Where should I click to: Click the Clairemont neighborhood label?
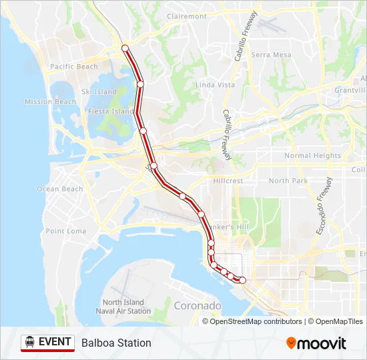[188, 16]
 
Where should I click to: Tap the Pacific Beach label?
[74, 67]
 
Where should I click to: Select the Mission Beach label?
[51, 102]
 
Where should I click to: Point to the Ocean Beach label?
[60, 189]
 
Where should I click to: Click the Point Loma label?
[66, 231]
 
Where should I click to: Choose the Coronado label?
[197, 306]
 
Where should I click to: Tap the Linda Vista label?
[215, 85]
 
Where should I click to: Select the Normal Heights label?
[312, 156]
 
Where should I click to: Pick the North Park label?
[288, 181]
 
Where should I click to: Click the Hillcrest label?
[228, 181]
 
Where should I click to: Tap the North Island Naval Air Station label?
[123, 307]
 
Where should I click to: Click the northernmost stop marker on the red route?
[125, 48]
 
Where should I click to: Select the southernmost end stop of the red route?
[243, 280]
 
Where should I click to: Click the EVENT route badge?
[47, 343]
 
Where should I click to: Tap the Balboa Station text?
[116, 343]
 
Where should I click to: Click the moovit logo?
[316, 343]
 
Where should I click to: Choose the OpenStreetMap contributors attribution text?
[255, 321]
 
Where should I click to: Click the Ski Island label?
[99, 92]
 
